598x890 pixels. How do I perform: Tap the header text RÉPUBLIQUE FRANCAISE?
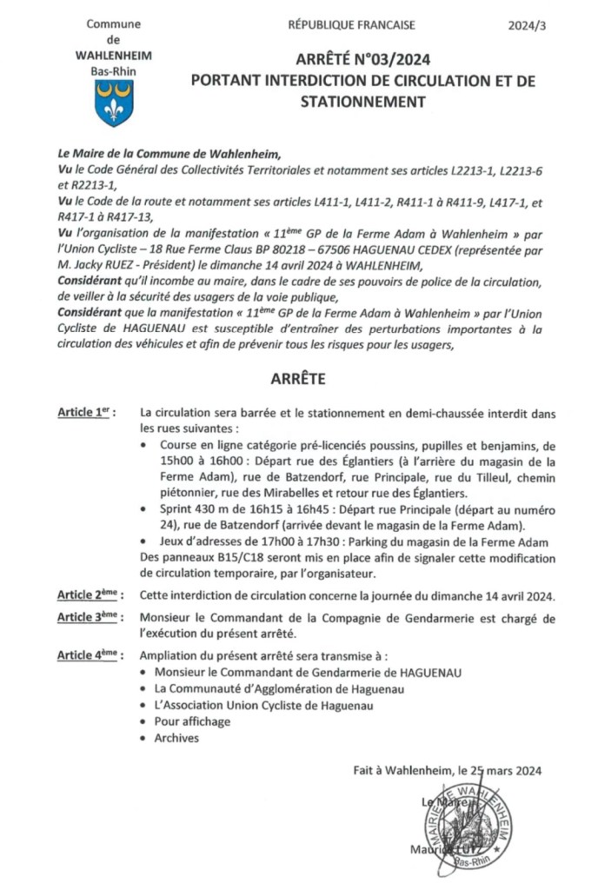click(351, 25)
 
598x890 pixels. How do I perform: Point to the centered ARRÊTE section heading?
click(297, 380)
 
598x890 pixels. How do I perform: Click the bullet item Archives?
click(176, 738)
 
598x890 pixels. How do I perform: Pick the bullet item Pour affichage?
click(192, 721)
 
